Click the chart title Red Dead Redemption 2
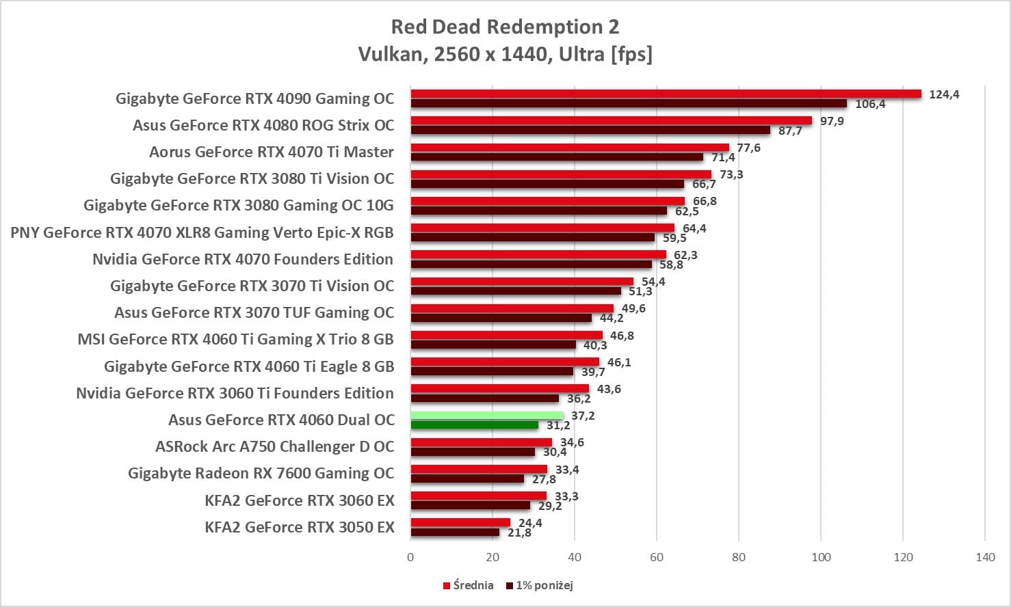[505, 27]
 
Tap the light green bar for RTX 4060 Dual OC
[486, 416]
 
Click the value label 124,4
[944, 94]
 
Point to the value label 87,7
[790, 131]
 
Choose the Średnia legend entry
[469, 585]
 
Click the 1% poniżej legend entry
[540, 585]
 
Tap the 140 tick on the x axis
[985, 557]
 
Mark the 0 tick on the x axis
[410, 557]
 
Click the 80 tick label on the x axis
[739, 557]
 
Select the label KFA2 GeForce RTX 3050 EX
[300, 527]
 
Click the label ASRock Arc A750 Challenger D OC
[275, 446]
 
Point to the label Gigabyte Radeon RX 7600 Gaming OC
[261, 473]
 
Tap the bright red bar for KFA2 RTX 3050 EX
[460, 522]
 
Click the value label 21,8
[519, 532]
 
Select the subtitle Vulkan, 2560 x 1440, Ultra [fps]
[505, 54]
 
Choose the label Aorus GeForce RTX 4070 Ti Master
[272, 152]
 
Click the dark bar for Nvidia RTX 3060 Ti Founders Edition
[484, 398]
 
